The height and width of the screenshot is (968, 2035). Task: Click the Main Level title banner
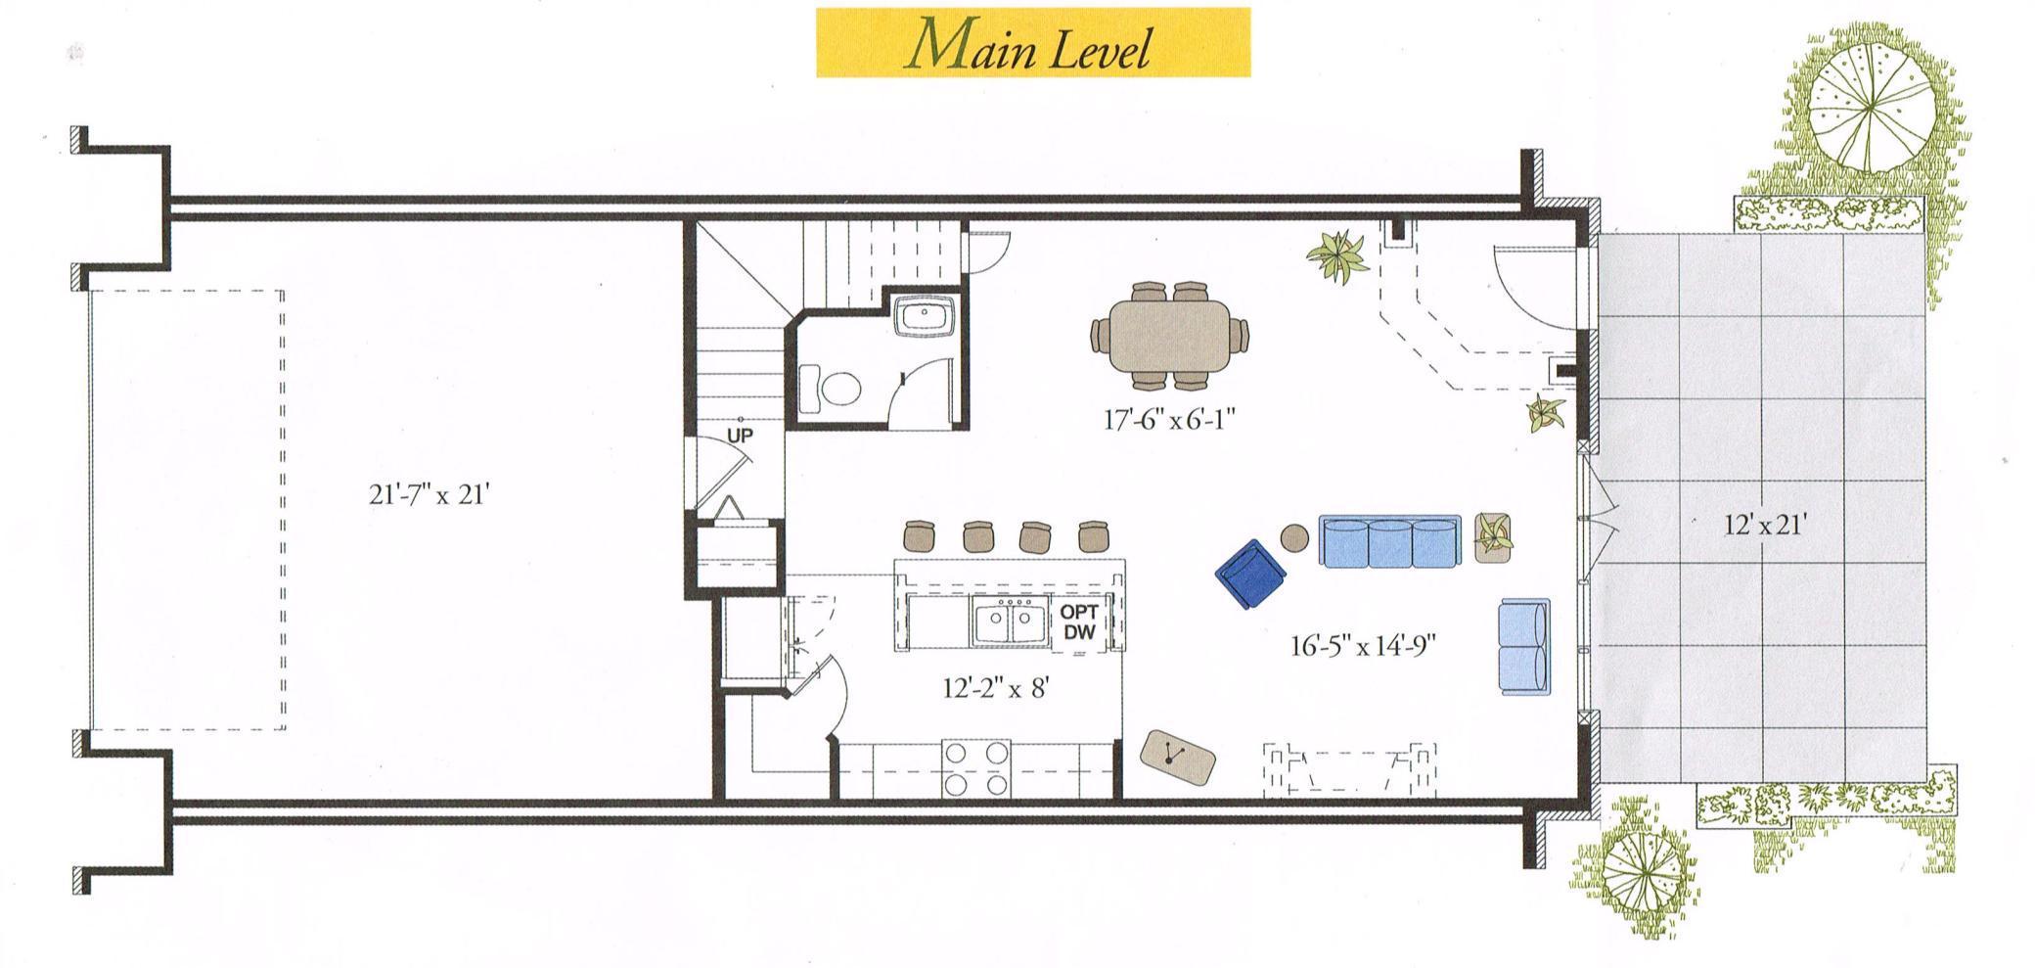1033,42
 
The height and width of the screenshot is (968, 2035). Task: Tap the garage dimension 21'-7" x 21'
429,495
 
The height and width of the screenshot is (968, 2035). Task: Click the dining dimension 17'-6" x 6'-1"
1170,420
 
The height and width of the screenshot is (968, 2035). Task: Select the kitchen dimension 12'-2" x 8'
996,689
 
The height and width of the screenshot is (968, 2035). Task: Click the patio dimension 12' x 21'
1764,526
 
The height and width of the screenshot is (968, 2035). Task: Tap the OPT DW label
1079,622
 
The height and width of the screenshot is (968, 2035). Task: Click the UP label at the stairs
740,436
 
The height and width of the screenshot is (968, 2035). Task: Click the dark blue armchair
1251,574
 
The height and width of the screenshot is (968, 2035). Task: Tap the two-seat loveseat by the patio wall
1524,647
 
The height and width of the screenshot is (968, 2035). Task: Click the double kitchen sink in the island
1008,623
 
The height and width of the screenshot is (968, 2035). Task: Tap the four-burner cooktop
975,769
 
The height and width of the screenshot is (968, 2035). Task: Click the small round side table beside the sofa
1295,536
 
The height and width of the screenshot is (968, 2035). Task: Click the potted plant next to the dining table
1338,255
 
